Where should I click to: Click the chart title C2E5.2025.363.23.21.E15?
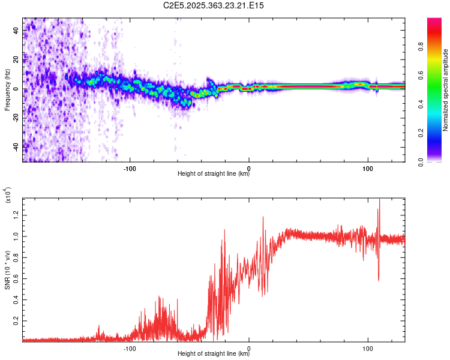pos(214,5)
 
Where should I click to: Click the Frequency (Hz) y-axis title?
pos(7,90)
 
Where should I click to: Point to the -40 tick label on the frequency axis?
pos(16,146)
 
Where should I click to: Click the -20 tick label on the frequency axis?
pos(16,117)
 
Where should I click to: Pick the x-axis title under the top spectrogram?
pos(214,174)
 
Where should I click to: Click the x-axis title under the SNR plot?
pos(214,354)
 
